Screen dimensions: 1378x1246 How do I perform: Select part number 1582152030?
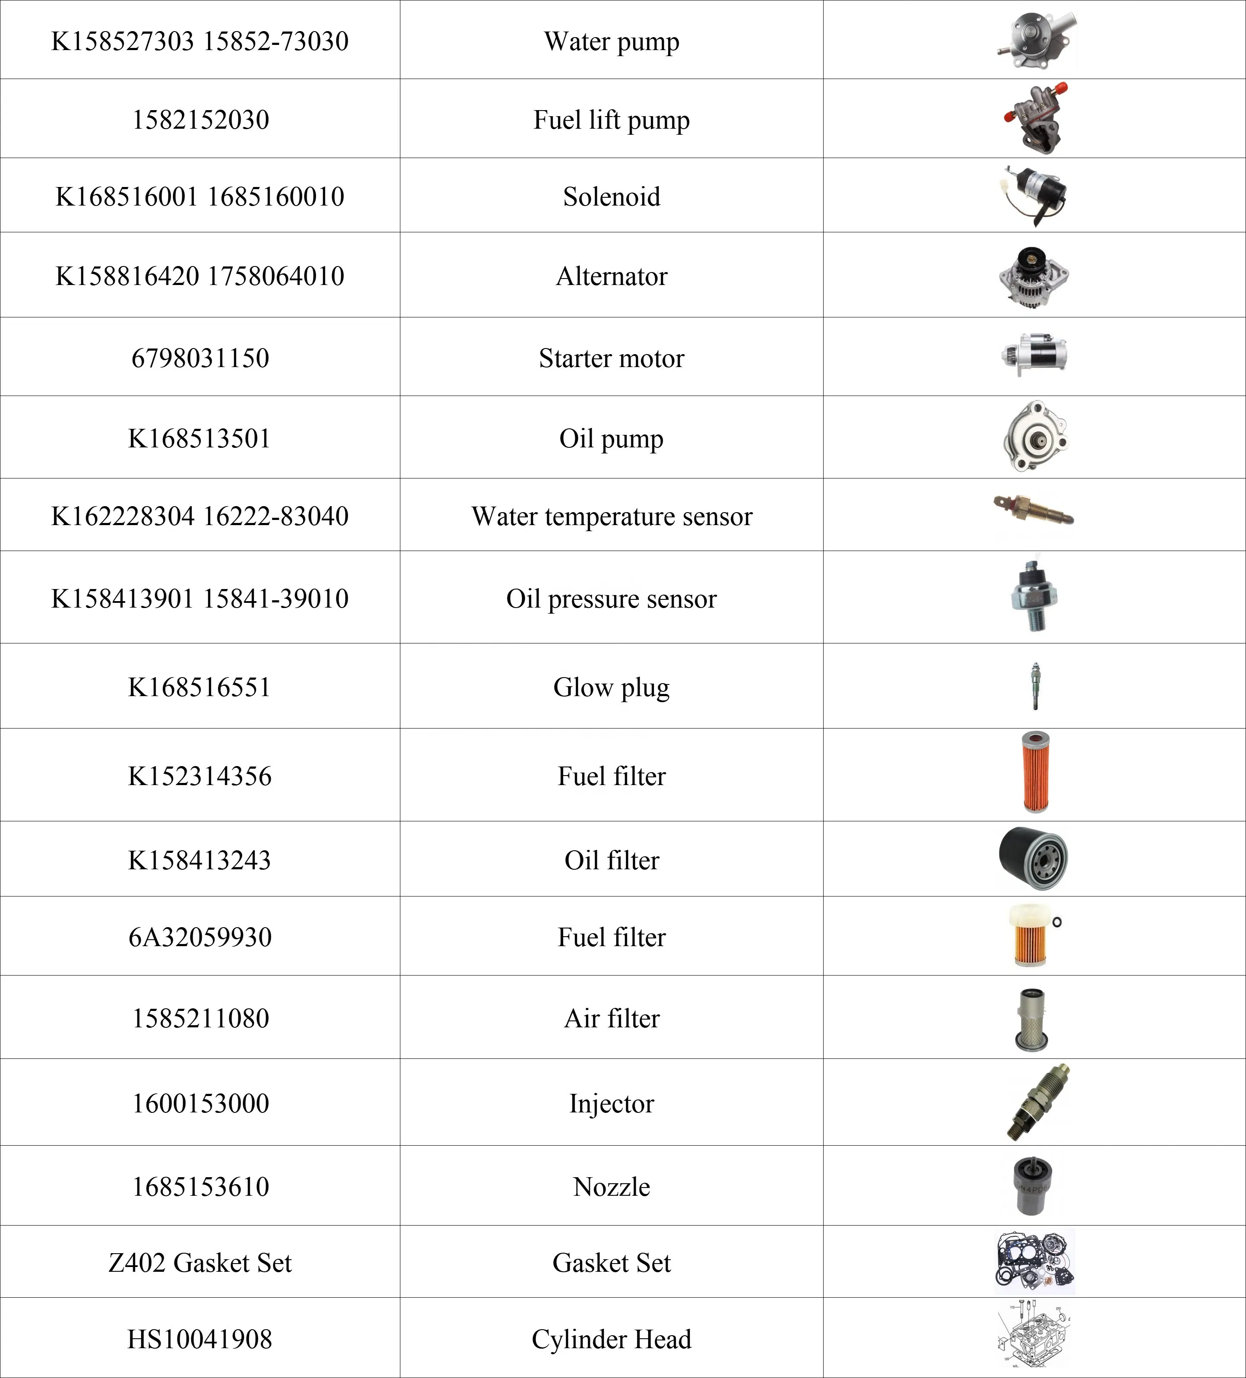tap(200, 120)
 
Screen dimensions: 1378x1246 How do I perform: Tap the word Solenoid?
tap(611, 197)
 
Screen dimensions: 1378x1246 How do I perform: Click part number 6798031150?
tap(200, 358)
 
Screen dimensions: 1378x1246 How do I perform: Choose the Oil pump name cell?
tap(611, 439)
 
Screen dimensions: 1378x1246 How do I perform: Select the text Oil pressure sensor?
tap(611, 599)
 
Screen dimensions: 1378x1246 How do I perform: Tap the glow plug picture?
tap(1036, 686)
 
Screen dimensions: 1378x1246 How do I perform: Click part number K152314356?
tap(200, 776)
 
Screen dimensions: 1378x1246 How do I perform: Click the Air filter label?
tap(611, 1018)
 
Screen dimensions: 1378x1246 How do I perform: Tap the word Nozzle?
tap(611, 1187)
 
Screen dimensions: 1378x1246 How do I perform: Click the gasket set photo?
tap(1034, 1261)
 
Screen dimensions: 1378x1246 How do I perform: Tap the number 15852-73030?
tap(276, 41)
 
